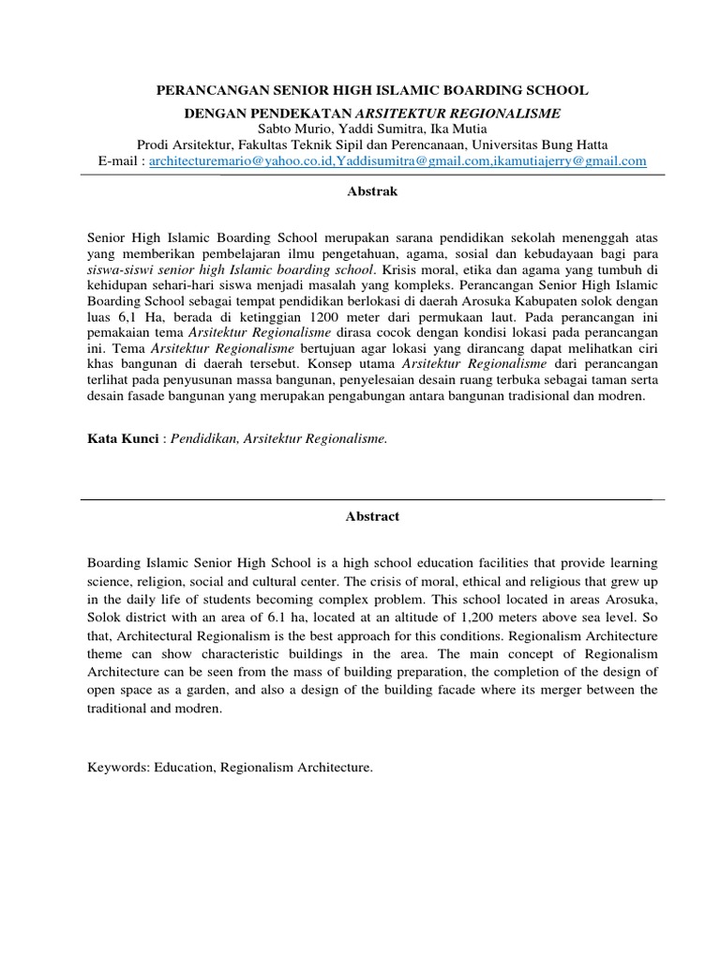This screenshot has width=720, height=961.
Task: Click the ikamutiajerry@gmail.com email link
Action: pos(571,160)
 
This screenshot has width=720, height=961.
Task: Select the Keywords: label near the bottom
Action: pos(119,768)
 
